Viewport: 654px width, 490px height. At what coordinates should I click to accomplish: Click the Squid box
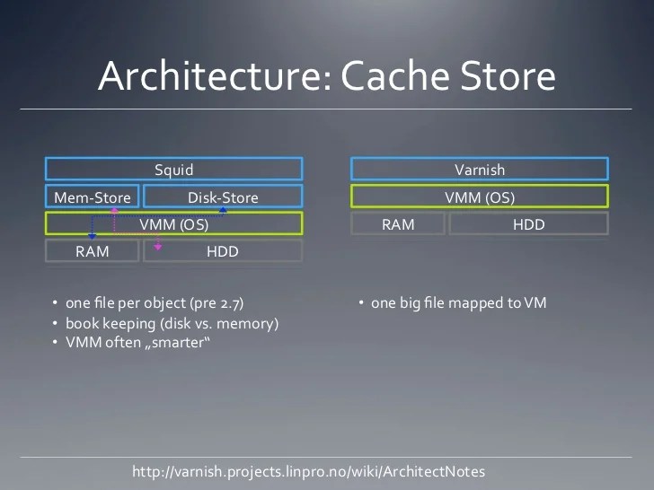pyautogui.click(x=173, y=170)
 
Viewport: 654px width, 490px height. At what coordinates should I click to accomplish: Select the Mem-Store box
pyautogui.click(x=93, y=197)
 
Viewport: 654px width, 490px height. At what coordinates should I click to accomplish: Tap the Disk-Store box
pyautogui.click(x=223, y=197)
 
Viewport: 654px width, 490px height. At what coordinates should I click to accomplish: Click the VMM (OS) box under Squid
pyautogui.click(x=173, y=224)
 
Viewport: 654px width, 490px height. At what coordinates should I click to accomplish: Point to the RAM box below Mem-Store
pyautogui.click(x=93, y=251)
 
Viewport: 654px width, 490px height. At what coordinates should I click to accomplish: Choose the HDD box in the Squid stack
pyautogui.click(x=223, y=251)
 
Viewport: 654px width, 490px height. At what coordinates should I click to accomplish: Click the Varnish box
pyautogui.click(x=480, y=170)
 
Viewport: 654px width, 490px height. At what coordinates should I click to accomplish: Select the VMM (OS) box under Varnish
pyautogui.click(x=480, y=197)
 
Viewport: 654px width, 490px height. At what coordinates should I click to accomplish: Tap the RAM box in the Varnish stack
pyautogui.click(x=398, y=224)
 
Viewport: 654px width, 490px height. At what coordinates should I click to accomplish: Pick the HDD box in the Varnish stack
pyautogui.click(x=528, y=224)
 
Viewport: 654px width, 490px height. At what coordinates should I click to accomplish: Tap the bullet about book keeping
pyautogui.click(x=172, y=323)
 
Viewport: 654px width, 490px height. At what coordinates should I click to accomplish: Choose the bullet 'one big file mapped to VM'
pyautogui.click(x=458, y=303)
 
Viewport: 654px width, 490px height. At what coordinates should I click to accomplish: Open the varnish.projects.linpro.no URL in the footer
pyautogui.click(x=308, y=471)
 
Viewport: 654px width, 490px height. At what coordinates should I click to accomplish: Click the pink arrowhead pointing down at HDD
pyautogui.click(x=158, y=246)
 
